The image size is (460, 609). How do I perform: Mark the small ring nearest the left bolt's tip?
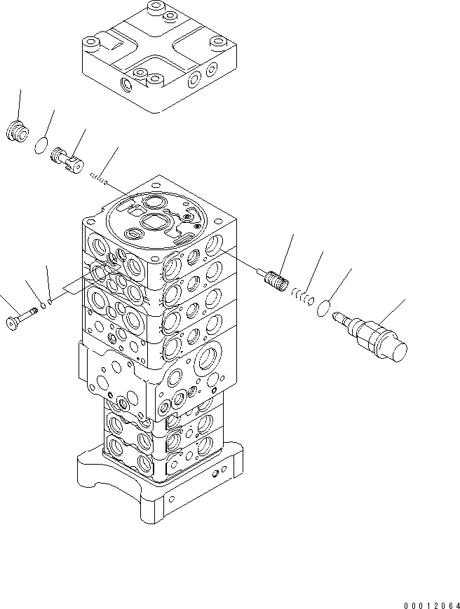(42, 306)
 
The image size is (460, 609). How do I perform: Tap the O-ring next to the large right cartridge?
(324, 306)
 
